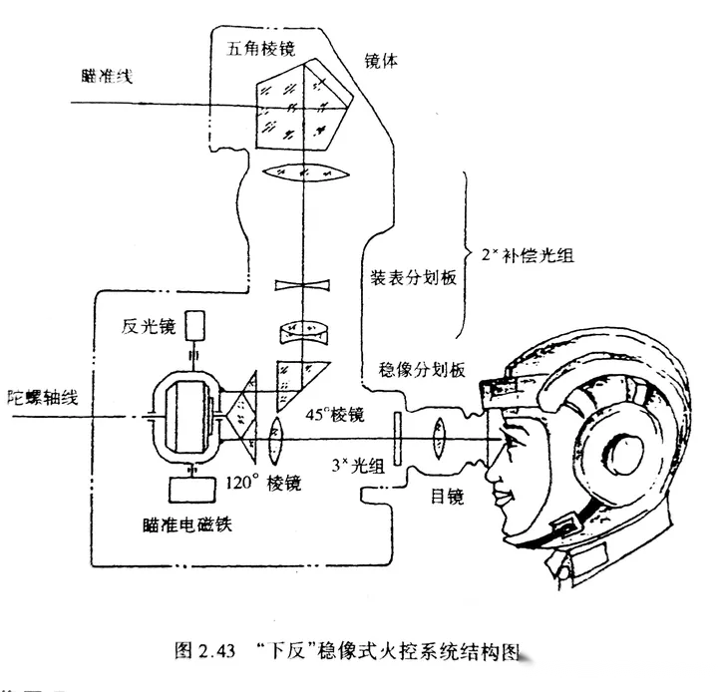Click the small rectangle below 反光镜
pyautogui.click(x=194, y=325)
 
